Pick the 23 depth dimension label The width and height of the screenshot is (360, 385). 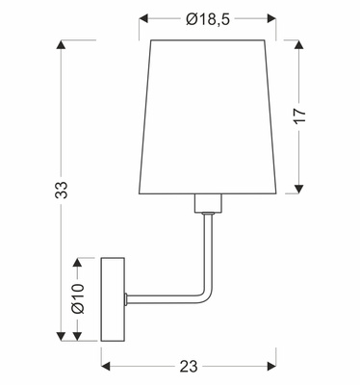[188, 366]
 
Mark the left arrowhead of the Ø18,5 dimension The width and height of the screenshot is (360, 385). [144, 18]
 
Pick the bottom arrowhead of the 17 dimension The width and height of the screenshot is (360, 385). [300, 188]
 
